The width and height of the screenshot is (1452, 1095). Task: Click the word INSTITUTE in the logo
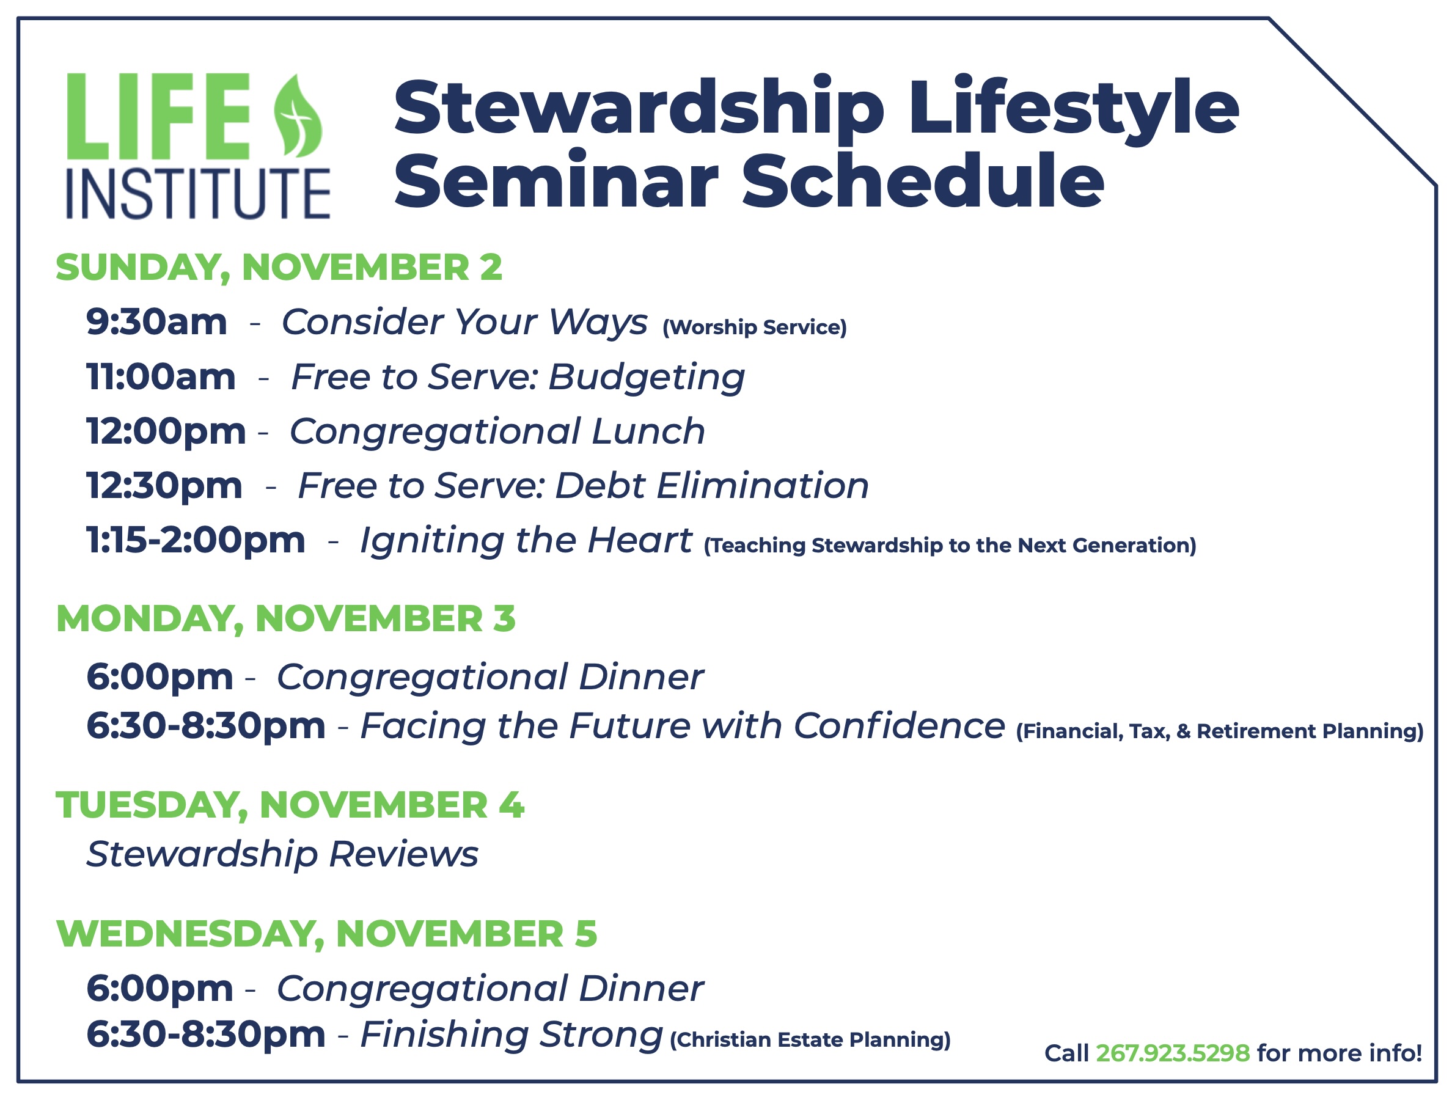coord(198,194)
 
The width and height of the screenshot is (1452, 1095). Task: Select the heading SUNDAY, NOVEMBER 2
coord(279,267)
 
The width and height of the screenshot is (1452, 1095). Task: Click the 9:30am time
coord(156,323)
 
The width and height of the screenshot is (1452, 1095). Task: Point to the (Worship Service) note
coord(754,327)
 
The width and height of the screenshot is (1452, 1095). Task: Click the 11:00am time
coord(161,377)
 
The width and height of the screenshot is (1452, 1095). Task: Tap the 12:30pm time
coord(164,486)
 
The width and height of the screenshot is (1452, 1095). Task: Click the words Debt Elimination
coord(712,486)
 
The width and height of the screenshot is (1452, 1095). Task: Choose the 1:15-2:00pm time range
coord(196,540)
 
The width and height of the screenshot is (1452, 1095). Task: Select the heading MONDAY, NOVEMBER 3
coord(285,618)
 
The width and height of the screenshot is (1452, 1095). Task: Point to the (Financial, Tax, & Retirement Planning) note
coord(1220,731)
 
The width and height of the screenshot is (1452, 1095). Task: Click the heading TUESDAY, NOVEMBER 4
coord(290,805)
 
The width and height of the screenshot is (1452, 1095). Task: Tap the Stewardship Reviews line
coord(282,855)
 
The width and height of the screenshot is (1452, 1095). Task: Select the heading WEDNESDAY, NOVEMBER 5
coord(327,934)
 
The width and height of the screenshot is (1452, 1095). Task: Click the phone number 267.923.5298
coord(1173,1053)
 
